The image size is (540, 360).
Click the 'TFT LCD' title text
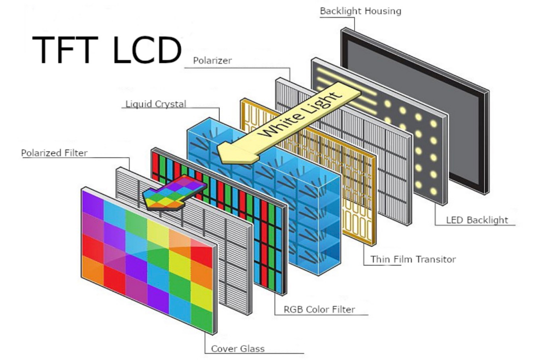(x=106, y=50)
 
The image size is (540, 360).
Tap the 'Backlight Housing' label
(x=360, y=10)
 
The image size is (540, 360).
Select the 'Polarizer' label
(x=212, y=61)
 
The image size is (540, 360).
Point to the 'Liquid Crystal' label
(x=155, y=104)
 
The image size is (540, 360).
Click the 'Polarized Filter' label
(x=54, y=152)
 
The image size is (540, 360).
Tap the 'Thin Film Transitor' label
(x=413, y=259)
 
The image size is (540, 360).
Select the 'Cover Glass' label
(x=237, y=348)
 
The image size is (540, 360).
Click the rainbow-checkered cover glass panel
(x=150, y=260)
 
